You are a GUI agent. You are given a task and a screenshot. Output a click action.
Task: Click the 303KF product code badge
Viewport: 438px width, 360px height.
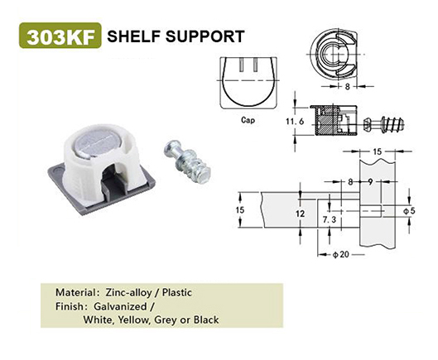click(x=60, y=36)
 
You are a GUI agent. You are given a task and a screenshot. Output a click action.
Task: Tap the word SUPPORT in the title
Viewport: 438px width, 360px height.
click(x=205, y=36)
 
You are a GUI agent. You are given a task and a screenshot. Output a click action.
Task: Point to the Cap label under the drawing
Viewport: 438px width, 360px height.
click(x=248, y=120)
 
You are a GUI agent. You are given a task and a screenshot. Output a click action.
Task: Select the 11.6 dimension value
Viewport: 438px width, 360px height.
click(x=295, y=122)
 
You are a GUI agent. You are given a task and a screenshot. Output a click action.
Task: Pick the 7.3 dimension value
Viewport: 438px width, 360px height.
click(x=330, y=219)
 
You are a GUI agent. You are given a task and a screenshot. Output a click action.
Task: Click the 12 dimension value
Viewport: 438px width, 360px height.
click(x=301, y=214)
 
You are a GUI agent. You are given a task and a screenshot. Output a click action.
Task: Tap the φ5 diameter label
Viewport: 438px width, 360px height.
click(x=409, y=211)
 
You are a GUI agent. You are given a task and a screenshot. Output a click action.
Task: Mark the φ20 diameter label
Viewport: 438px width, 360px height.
click(x=340, y=254)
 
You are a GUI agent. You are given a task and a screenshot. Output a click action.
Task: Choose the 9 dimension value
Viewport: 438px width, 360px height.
click(x=370, y=182)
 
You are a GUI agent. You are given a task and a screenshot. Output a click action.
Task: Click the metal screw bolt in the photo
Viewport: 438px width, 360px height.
click(x=185, y=161)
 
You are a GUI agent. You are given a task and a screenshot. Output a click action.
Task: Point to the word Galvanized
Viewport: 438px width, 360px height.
click(x=120, y=306)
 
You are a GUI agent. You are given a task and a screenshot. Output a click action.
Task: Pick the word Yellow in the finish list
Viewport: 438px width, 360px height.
click(x=133, y=319)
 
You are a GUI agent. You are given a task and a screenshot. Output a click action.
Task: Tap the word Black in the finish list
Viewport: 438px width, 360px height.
click(x=206, y=319)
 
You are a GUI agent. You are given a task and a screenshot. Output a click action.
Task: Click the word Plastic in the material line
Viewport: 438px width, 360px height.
click(x=177, y=293)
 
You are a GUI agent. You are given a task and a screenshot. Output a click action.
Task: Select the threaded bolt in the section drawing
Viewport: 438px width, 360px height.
click(x=384, y=124)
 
